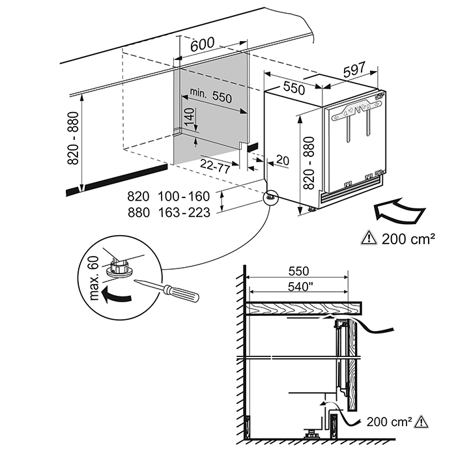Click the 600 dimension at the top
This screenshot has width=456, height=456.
[x=203, y=44]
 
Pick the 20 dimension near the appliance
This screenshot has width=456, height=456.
[x=281, y=160]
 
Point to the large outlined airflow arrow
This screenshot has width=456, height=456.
[x=398, y=212]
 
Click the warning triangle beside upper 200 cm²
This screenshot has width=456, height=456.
[x=369, y=238]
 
